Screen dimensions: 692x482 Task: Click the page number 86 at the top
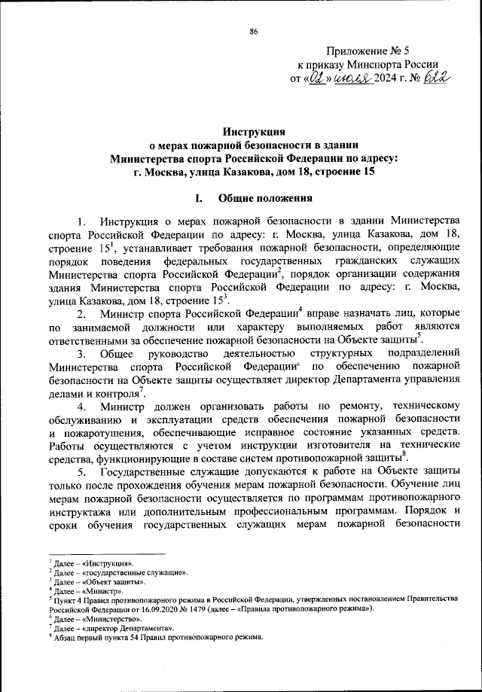point(253,31)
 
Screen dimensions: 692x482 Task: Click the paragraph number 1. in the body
point(82,220)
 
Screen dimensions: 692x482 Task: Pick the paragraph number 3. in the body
point(82,355)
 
